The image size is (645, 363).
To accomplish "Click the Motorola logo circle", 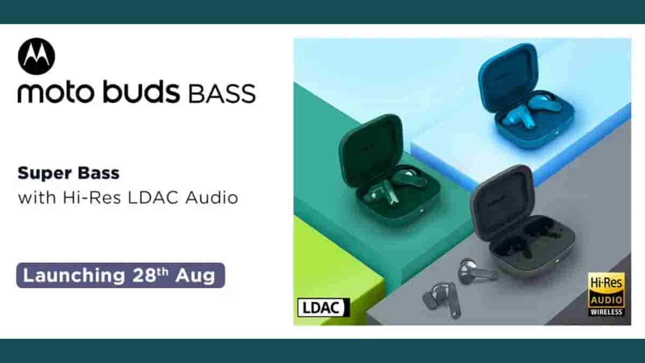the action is pos(37,56).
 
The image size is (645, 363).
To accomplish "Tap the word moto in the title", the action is pos(56,92).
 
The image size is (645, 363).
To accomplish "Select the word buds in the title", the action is pos(141,91).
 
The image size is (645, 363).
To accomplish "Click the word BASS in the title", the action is pos(222,94).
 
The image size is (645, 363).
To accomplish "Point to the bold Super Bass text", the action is pos(69,173).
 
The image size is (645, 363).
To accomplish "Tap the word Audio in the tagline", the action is pos(212,198).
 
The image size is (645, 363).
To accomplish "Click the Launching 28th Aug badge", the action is pos(120,275).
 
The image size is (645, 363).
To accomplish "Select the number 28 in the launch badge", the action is pos(144,276).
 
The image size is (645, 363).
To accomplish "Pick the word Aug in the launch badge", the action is pos(196,276).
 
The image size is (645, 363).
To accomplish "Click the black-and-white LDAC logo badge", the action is pos(324,308).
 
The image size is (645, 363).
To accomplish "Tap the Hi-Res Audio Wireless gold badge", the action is pos(606,294).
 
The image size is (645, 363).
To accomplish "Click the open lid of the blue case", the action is pos(507,77).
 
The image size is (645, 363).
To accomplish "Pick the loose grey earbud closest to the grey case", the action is pos(477,272).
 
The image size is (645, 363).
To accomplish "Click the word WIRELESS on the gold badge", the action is pos(606,312).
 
